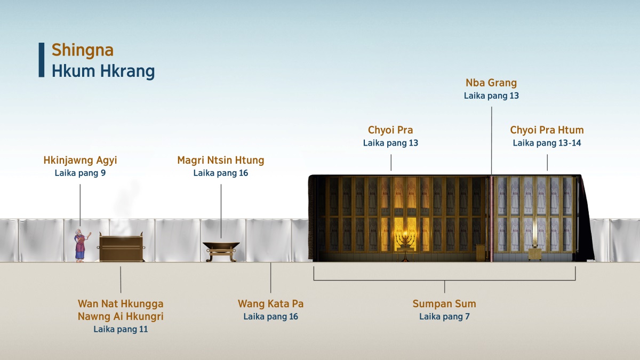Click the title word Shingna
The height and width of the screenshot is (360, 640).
pyautogui.click(x=83, y=50)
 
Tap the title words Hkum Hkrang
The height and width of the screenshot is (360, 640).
pyautogui.click(x=103, y=71)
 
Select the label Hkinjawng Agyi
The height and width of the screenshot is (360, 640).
pyautogui.click(x=80, y=160)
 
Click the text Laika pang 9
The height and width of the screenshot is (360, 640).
pyautogui.click(x=80, y=173)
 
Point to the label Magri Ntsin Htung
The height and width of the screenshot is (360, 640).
pyautogui.click(x=221, y=160)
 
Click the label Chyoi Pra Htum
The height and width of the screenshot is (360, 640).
pyautogui.click(x=547, y=130)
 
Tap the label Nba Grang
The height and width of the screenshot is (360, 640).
pyautogui.click(x=491, y=83)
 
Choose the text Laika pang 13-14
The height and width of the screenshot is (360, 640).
pyautogui.click(x=547, y=143)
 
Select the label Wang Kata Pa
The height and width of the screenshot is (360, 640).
pyautogui.click(x=270, y=304)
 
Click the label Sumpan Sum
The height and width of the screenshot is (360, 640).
pyautogui.click(x=444, y=304)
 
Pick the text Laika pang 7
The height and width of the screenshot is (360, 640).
pyautogui.click(x=444, y=317)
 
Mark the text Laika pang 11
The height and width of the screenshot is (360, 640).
pyautogui.click(x=121, y=329)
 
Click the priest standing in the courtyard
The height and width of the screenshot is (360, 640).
pyautogui.click(x=80, y=246)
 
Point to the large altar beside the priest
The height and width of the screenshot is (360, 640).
pyautogui.click(x=122, y=248)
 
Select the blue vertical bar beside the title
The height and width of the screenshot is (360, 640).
pyautogui.click(x=42, y=60)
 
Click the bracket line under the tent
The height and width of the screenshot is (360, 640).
pyautogui.click(x=444, y=279)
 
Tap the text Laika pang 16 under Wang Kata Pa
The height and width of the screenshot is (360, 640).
pyautogui.click(x=270, y=317)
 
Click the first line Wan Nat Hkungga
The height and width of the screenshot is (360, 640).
pyautogui.click(x=121, y=304)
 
